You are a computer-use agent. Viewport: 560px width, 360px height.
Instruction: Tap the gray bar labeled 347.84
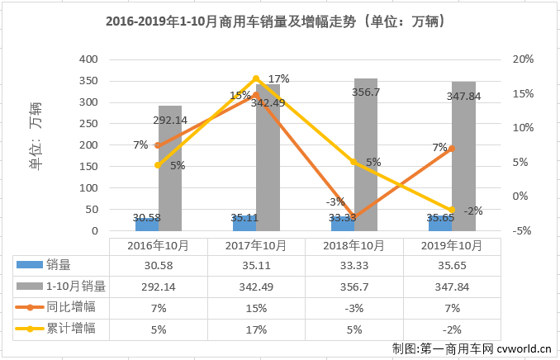coord(463,157)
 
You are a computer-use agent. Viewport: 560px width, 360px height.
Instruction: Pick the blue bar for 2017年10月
coord(244,224)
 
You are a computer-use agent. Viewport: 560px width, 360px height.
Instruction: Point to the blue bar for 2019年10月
coord(440,224)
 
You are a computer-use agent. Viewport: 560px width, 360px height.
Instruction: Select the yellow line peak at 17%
coord(256,79)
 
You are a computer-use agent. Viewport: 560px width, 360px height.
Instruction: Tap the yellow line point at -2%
coord(452,211)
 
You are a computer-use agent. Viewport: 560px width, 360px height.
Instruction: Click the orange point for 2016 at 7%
coord(158,145)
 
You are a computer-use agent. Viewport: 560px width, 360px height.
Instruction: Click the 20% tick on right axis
coord(522,59)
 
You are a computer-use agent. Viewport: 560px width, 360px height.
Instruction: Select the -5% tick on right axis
coord(522,231)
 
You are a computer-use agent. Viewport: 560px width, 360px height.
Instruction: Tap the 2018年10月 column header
coord(354,245)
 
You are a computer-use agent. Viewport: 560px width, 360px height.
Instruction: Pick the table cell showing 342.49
coord(256,286)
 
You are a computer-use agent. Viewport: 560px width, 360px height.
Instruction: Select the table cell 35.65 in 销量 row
coord(452,265)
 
